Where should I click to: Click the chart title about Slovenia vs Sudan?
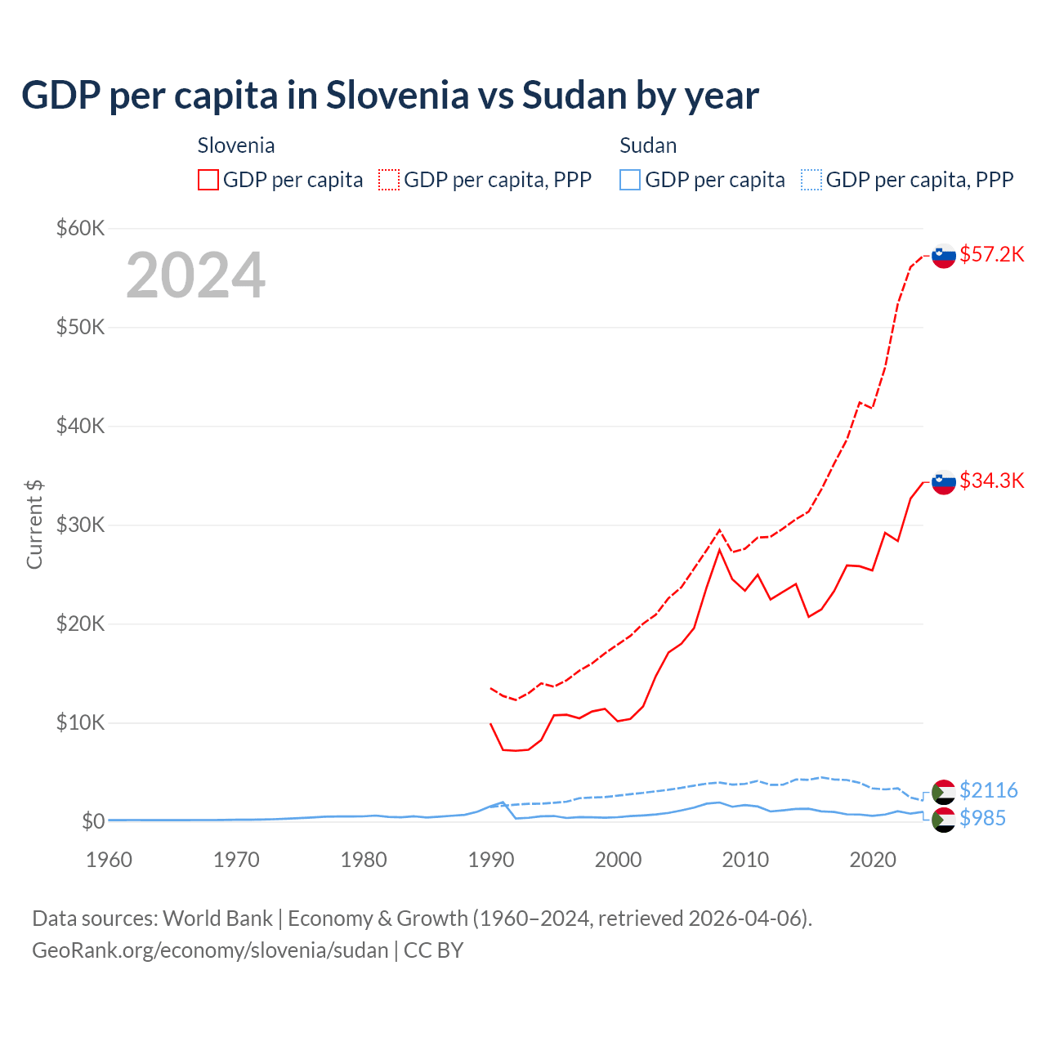[390, 96]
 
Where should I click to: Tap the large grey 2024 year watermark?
[195, 275]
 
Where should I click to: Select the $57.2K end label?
[991, 254]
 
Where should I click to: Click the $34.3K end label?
[991, 481]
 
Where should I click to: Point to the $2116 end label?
[988, 790]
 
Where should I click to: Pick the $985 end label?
[982, 818]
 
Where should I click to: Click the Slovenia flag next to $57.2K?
[944, 256]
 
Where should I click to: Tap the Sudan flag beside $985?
[944, 820]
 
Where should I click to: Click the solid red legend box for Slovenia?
[208, 180]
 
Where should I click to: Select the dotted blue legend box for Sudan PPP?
[811, 180]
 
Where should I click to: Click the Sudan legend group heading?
[648, 145]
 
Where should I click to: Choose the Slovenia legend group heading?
[236, 145]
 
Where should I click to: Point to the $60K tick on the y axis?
[80, 228]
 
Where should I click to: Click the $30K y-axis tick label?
[80, 525]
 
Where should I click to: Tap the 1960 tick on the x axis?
[109, 860]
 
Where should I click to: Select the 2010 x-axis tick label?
[745, 860]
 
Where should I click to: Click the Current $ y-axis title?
[34, 524]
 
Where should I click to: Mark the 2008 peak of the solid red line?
[719, 550]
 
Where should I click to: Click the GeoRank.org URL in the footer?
[210, 950]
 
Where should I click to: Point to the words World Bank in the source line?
[217, 919]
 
